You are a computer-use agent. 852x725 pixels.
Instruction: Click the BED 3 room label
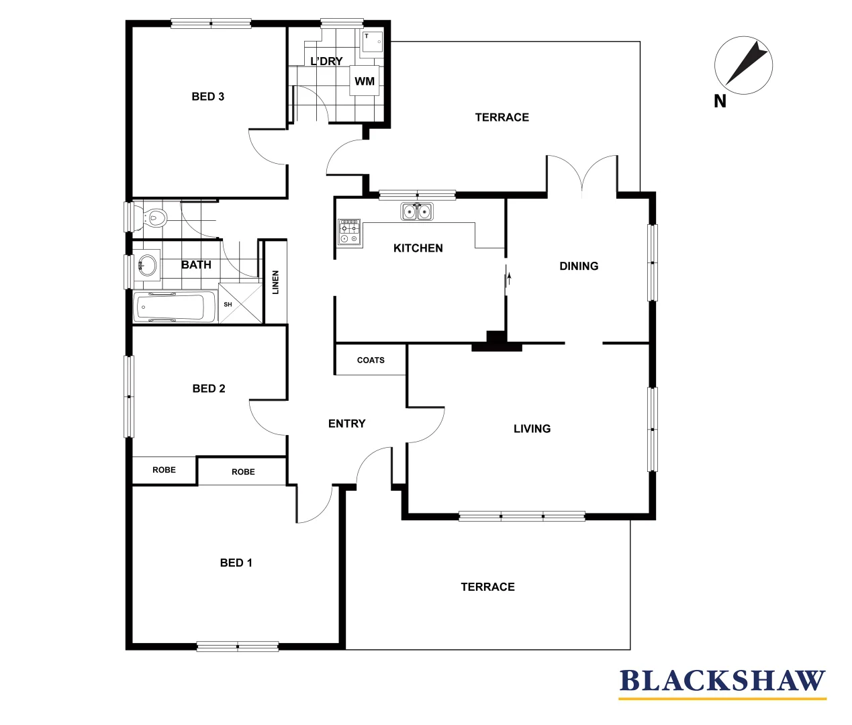pyautogui.click(x=208, y=97)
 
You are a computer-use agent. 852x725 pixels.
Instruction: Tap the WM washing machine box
pyautogui.click(x=365, y=81)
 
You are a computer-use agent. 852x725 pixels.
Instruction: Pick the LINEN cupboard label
pyautogui.click(x=275, y=282)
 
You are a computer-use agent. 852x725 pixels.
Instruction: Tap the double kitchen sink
pyautogui.click(x=417, y=212)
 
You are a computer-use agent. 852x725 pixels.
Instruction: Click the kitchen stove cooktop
pyautogui.click(x=348, y=232)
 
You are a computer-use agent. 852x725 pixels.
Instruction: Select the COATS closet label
pyautogui.click(x=371, y=360)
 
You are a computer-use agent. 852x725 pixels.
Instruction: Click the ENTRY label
pyautogui.click(x=347, y=424)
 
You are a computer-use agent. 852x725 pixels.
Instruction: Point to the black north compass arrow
pyautogui.click(x=747, y=64)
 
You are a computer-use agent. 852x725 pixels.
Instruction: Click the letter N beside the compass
pyautogui.click(x=720, y=101)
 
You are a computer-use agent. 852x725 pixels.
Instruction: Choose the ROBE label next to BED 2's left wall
pyautogui.click(x=164, y=470)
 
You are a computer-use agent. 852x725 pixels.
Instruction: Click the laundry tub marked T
pyautogui.click(x=371, y=42)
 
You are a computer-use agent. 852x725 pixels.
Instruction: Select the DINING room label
pyautogui.click(x=579, y=267)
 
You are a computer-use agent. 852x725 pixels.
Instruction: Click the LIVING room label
pyautogui.click(x=532, y=429)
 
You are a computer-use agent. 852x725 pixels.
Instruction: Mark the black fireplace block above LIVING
pyautogui.click(x=496, y=341)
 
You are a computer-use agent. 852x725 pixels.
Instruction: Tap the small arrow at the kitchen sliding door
pyautogui.click(x=510, y=277)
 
